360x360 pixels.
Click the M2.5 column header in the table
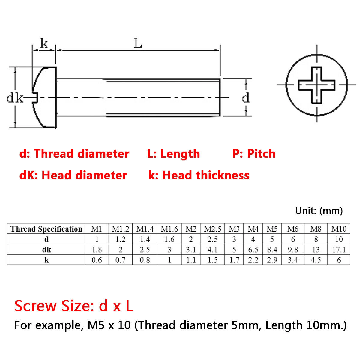(212, 229)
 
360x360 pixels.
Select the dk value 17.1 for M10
(339, 250)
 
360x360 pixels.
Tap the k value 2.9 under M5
(272, 260)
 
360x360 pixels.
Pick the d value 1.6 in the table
(169, 239)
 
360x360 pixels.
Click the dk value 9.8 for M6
(293, 250)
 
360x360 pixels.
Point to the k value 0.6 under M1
(97, 260)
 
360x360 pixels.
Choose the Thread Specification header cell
(46, 229)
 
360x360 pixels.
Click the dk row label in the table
(46, 250)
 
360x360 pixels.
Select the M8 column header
(316, 229)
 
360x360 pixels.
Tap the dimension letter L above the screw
(138, 43)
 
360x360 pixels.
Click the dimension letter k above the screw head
(44, 43)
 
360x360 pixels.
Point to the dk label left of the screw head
(15, 97)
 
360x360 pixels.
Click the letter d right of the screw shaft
(246, 97)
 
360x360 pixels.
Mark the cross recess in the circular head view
(316, 85)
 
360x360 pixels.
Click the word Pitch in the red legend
(261, 154)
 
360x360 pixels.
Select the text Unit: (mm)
(319, 211)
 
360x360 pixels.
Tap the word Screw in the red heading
(35, 306)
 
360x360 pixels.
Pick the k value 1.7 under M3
(234, 260)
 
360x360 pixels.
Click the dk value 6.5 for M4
(253, 250)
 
